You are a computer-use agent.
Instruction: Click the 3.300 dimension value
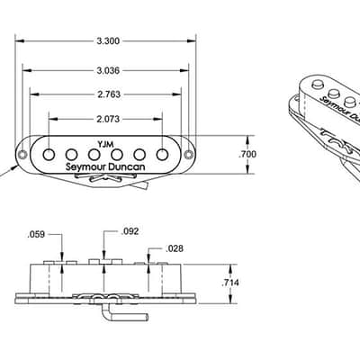[108, 41]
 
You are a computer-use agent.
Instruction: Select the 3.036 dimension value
[108, 71]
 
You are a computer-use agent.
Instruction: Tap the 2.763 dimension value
[109, 94]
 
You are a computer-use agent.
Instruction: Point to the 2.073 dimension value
[108, 120]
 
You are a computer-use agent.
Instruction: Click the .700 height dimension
[247, 154]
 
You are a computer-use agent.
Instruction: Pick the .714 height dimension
[230, 283]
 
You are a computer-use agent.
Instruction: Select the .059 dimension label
[36, 235]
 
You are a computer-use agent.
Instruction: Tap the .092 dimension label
[130, 231]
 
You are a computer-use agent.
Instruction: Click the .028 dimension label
[174, 248]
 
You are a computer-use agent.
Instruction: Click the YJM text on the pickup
[105, 144]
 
